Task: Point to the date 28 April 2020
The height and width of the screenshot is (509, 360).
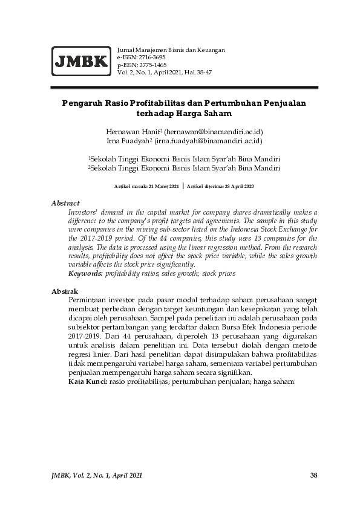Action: click(x=234, y=187)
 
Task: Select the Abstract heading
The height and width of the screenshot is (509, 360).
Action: click(x=65, y=204)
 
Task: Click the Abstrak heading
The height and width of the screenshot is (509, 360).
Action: click(x=65, y=292)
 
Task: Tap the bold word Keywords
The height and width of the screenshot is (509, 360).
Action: click(x=85, y=274)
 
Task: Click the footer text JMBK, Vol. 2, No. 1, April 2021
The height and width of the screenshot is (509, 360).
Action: click(x=97, y=475)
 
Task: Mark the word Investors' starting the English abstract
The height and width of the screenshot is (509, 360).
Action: click(x=83, y=213)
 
